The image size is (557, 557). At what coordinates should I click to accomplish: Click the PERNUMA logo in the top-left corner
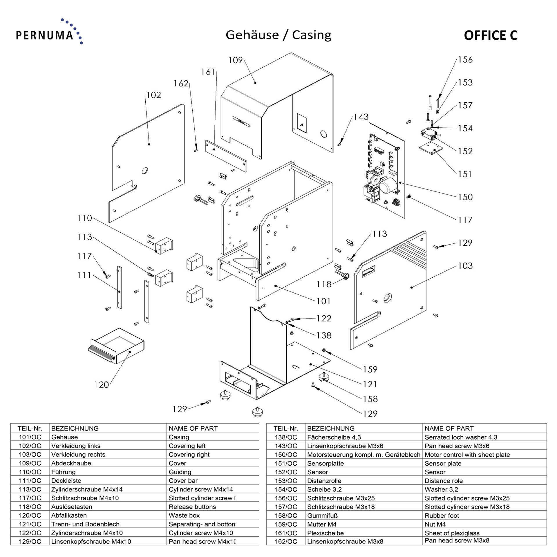(49, 32)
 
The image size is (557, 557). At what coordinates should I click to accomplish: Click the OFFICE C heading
(490, 35)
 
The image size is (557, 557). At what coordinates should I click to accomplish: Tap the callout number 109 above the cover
(235, 60)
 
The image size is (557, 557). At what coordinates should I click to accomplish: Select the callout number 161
(208, 72)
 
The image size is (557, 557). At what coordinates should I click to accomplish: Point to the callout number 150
(465, 197)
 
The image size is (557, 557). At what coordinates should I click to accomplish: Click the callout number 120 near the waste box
(101, 385)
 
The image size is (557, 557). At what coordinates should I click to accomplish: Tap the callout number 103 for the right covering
(465, 266)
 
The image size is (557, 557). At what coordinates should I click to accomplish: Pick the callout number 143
(361, 117)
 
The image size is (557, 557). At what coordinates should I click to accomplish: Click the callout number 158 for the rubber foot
(370, 399)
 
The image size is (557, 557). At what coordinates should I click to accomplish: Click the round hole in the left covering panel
(145, 170)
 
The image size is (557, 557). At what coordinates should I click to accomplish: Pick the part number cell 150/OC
(286, 455)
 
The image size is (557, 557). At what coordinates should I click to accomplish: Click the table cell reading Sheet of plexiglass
(452, 533)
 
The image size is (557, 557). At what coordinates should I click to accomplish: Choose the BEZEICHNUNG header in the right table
(331, 428)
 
